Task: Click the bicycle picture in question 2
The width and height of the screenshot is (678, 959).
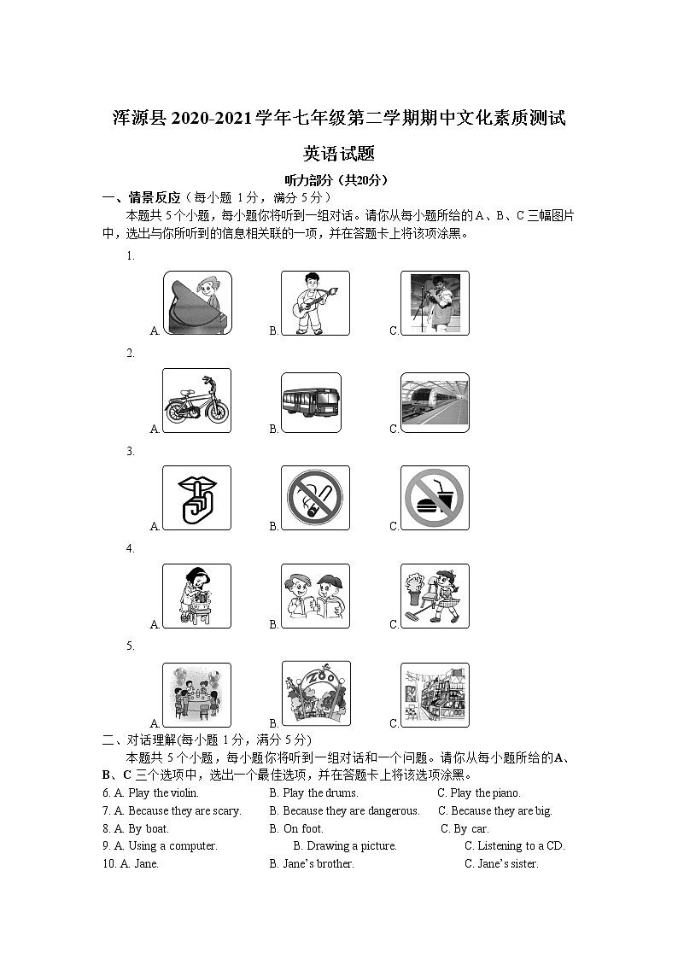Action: click(196, 401)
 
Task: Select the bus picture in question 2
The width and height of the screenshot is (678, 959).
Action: click(315, 401)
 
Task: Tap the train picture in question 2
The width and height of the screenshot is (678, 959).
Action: click(435, 401)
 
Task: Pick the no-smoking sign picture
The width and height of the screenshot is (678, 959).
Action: click(315, 498)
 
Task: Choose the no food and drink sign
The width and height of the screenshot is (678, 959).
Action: click(435, 498)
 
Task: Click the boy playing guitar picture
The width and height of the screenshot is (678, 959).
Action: click(315, 303)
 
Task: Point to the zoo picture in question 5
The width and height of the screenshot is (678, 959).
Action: click(315, 694)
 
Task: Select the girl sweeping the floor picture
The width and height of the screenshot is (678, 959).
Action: click(435, 596)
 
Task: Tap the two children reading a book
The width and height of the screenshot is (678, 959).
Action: click(315, 596)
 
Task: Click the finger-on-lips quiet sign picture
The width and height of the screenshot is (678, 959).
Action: click(196, 498)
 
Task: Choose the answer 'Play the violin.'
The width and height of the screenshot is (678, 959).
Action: click(163, 793)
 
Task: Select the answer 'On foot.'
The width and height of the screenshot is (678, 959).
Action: click(303, 828)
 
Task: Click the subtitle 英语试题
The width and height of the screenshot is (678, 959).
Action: click(339, 154)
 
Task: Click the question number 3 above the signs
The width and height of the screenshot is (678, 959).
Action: click(131, 452)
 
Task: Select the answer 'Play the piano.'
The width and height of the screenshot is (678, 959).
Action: click(485, 793)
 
